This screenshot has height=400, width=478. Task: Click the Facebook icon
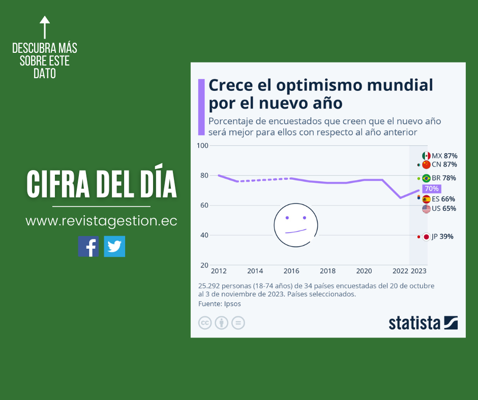click(x=88, y=246)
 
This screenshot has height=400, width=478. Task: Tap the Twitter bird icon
click(x=114, y=246)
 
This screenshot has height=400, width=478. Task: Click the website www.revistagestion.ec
click(x=101, y=221)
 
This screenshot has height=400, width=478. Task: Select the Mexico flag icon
click(x=426, y=156)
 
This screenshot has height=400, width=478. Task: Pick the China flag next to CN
click(x=426, y=164)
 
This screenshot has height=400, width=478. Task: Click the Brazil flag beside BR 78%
click(x=426, y=178)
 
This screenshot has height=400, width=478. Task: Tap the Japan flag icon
click(x=426, y=237)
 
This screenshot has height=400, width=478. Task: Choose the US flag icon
click(x=426, y=209)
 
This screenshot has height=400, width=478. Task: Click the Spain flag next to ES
click(x=426, y=199)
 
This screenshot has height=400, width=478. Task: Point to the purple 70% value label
click(x=431, y=188)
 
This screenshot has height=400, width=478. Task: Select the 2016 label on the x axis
click(x=291, y=271)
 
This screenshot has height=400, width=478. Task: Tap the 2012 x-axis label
click(x=219, y=271)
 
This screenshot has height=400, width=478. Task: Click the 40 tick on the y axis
click(x=204, y=235)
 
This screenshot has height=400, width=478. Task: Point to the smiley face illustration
click(x=295, y=224)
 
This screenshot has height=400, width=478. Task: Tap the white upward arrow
click(x=45, y=27)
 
